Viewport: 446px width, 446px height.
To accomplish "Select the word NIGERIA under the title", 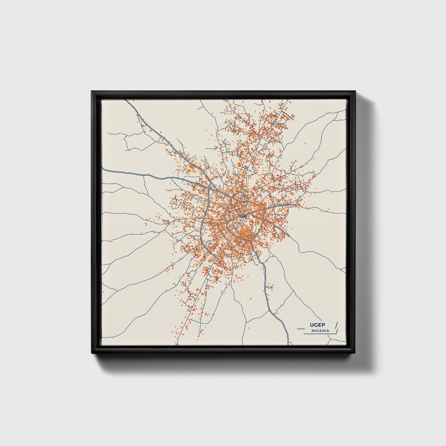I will click(320, 331).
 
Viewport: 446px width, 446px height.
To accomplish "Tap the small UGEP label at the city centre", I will click(243, 216).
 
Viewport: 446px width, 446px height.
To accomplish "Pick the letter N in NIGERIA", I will click(313, 331).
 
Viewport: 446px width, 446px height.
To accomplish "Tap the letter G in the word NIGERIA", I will click(318, 331).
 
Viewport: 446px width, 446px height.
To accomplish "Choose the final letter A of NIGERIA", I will click(328, 331).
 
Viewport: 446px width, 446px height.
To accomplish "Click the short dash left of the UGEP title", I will click(301, 328).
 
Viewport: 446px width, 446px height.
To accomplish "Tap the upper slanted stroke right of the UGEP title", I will click(336, 325).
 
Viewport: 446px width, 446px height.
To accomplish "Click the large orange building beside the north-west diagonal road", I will click(191, 167).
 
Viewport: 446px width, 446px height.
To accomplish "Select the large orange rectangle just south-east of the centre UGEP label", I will click(258, 223).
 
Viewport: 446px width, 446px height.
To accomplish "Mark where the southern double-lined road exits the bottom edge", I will click(288, 344).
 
